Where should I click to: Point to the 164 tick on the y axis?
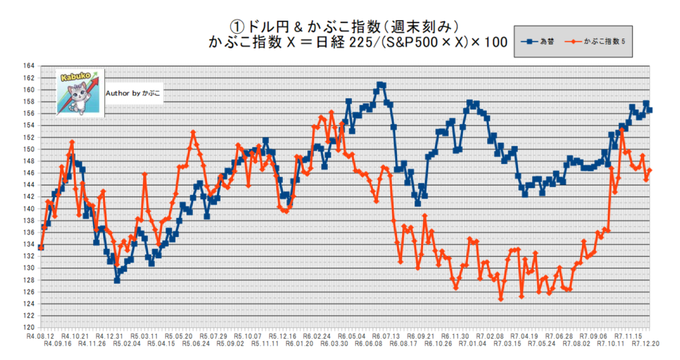tap(28, 66)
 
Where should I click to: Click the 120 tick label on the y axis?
tap(28, 327)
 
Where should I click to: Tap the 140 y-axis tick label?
tap(28, 209)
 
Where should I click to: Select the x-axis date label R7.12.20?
tap(643, 345)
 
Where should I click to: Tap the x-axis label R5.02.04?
tap(127, 345)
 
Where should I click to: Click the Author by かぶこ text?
tap(133, 94)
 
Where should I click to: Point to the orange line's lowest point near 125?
tap(501, 299)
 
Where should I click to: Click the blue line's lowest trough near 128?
tap(117, 280)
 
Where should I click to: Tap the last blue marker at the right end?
tap(649, 110)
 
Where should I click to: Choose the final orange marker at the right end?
tap(649, 171)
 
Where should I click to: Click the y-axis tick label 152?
tap(28, 137)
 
